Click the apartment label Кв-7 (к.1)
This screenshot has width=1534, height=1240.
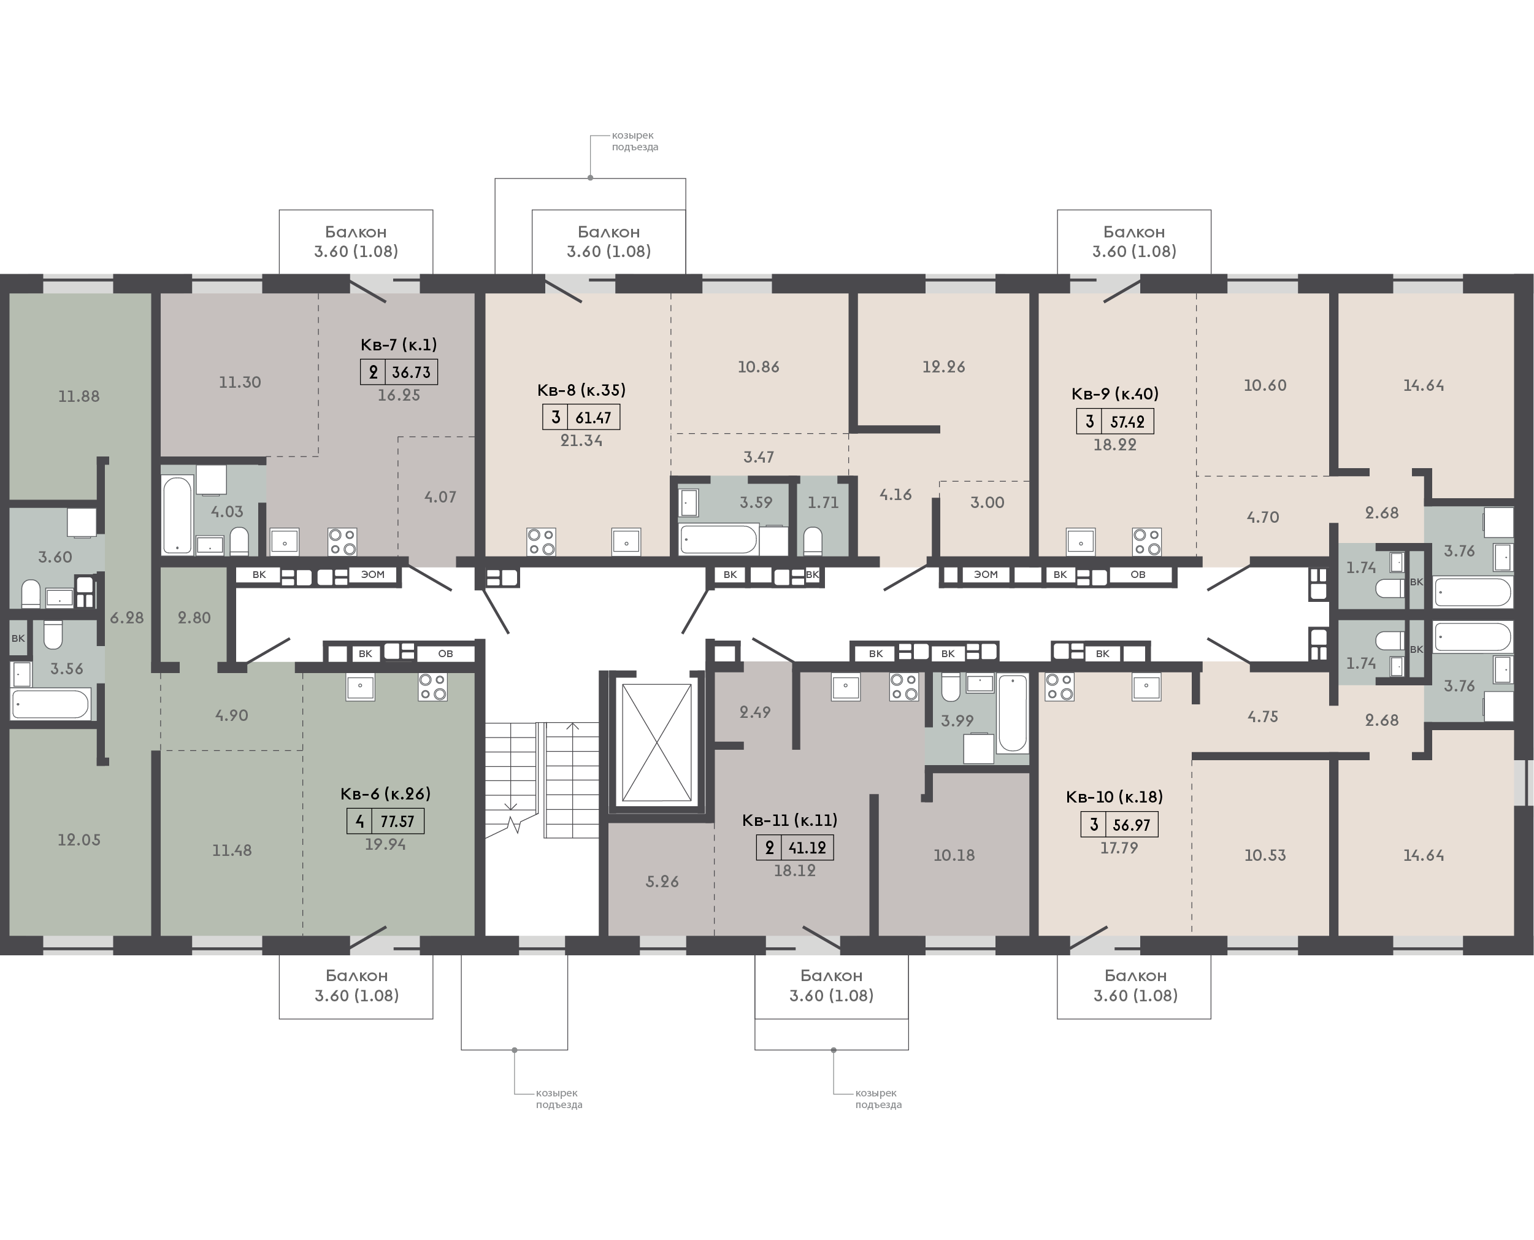399,344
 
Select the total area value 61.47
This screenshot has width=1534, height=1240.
593,418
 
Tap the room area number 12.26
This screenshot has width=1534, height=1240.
943,366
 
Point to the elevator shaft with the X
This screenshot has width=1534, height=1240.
656,743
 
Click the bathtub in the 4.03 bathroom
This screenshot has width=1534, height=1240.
177,515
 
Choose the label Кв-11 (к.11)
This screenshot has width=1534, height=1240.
789,820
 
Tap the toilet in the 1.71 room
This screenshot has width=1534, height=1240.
813,541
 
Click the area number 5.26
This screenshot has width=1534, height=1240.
662,882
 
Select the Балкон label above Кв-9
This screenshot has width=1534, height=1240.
1134,231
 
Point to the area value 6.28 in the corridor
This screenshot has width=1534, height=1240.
127,618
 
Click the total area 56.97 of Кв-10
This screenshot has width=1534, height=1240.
1131,825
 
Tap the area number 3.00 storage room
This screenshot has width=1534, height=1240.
987,502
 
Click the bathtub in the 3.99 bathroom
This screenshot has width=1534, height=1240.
1013,713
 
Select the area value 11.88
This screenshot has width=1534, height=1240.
79,396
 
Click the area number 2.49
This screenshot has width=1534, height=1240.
755,712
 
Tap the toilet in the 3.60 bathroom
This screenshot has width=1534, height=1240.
31,593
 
